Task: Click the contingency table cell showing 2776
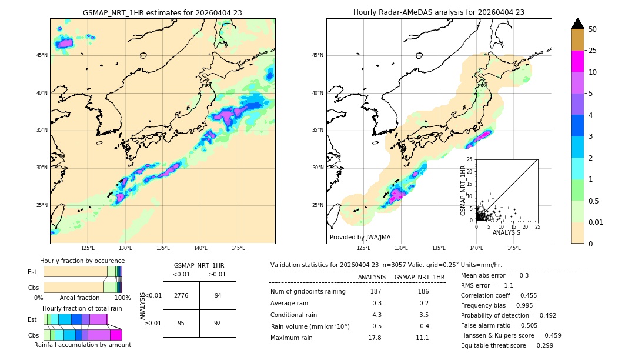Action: click(x=181, y=295)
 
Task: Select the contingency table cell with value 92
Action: click(x=218, y=323)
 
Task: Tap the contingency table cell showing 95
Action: click(x=181, y=323)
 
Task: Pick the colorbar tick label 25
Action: click(x=593, y=51)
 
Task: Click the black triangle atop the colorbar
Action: click(x=578, y=24)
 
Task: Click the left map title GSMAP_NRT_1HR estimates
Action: click(x=162, y=12)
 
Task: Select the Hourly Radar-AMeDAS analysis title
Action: click(x=439, y=12)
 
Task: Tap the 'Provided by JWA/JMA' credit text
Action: click(x=360, y=238)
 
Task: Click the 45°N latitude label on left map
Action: click(x=42, y=55)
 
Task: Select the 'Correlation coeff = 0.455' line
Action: click(x=498, y=295)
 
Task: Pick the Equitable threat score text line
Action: click(x=507, y=345)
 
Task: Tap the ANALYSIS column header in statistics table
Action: click(x=372, y=277)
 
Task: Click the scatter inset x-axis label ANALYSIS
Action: click(x=506, y=232)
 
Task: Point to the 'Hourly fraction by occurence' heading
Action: click(x=82, y=261)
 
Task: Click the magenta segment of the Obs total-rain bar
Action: click(x=116, y=335)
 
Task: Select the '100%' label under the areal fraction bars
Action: click(x=122, y=298)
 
